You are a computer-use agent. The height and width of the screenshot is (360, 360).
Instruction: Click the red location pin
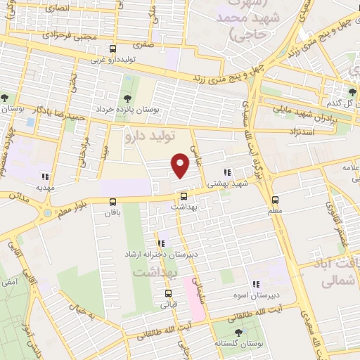pos(181,166)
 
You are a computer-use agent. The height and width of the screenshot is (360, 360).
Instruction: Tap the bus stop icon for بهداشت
pos(184,197)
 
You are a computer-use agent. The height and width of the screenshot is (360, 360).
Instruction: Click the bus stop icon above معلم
pos(275,199)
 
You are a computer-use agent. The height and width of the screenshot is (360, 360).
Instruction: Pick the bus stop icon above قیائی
pos(168,294)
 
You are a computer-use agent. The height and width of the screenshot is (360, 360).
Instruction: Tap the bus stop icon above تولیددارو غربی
pos(113,49)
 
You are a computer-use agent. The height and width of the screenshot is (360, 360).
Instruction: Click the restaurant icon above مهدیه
pos(46,177)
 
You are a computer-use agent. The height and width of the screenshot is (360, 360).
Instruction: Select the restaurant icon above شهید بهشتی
pos(226,172)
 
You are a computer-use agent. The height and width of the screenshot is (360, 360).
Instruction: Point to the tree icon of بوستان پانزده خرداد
pos(127,98)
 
